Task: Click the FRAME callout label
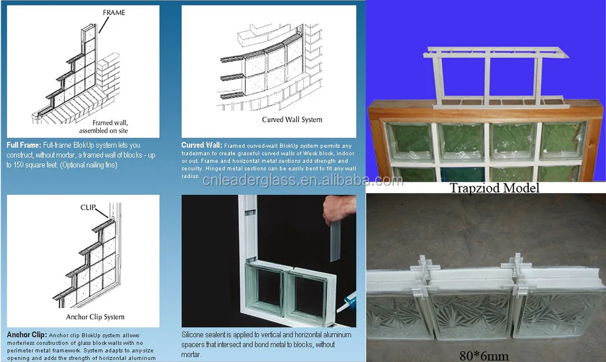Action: click(113, 12)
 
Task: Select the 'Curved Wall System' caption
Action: click(292, 119)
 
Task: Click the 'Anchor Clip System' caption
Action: click(95, 317)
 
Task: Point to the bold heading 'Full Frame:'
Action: click(24, 145)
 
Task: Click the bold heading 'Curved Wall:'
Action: click(202, 145)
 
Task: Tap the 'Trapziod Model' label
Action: click(494, 188)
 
